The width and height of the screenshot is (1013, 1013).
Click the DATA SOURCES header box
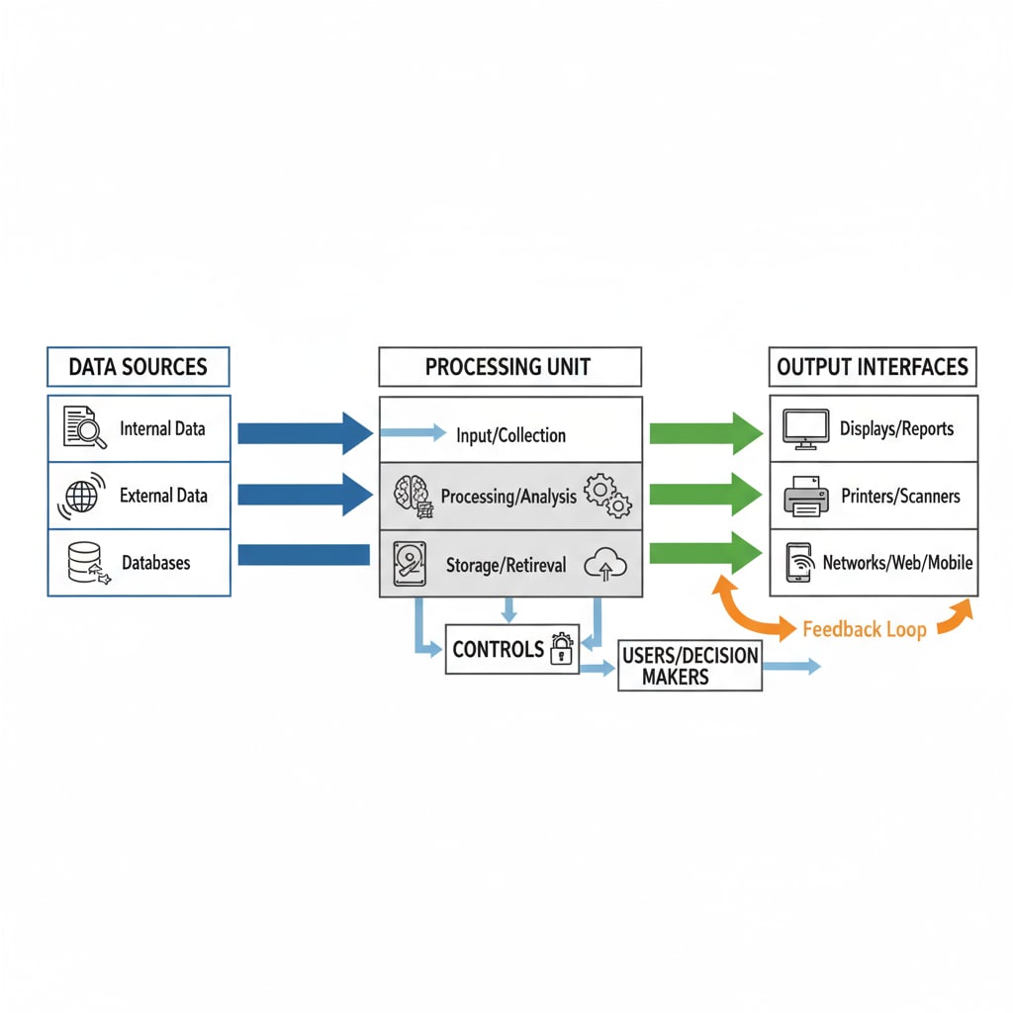pyautogui.click(x=138, y=367)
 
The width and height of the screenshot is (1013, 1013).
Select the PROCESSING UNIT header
pyautogui.click(x=508, y=367)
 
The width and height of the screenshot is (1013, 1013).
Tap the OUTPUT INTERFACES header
pyautogui.click(x=873, y=367)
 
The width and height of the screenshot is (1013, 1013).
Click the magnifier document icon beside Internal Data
pyautogui.click(x=84, y=429)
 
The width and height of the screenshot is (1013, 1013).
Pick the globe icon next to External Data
pyautogui.click(x=81, y=495)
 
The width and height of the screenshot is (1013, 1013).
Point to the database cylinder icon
pyautogui.click(x=84, y=562)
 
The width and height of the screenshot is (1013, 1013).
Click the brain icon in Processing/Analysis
pyautogui.click(x=412, y=495)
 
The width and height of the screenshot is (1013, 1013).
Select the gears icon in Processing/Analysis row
pyautogui.click(x=607, y=495)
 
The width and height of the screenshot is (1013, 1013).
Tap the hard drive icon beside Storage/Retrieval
pyautogui.click(x=410, y=564)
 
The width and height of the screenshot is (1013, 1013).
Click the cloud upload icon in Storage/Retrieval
pyautogui.click(x=605, y=565)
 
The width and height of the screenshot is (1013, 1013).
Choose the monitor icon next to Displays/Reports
pyautogui.click(x=805, y=429)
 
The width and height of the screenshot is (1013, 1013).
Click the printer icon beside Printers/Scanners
pyautogui.click(x=805, y=496)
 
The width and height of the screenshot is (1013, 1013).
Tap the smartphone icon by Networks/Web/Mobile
pyautogui.click(x=799, y=563)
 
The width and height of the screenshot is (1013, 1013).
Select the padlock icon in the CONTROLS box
pyautogui.click(x=562, y=649)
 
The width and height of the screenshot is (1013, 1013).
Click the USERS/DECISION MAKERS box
pyautogui.click(x=690, y=666)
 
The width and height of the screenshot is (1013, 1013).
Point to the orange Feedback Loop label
pyautogui.click(x=864, y=629)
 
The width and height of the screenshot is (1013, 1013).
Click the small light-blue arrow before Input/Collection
pyautogui.click(x=413, y=432)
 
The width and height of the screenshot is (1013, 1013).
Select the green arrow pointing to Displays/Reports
pyautogui.click(x=705, y=432)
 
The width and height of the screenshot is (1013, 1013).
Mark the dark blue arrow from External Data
pyautogui.click(x=305, y=494)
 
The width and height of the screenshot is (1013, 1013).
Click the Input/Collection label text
pyautogui.click(x=510, y=435)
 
